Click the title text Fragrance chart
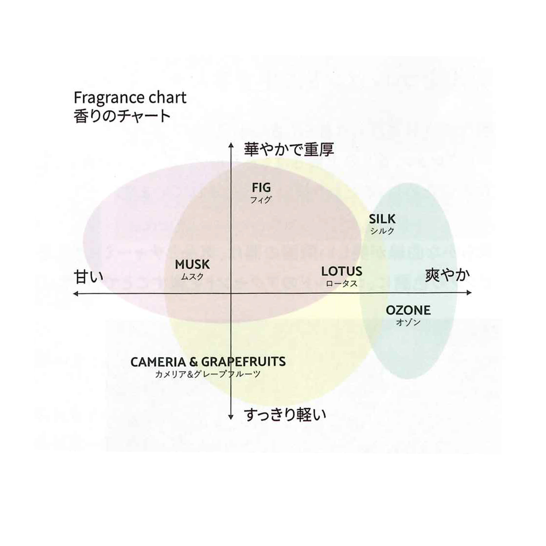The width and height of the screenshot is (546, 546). pyautogui.click(x=130, y=97)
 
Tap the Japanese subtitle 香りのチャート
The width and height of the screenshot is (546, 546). pyautogui.click(x=122, y=116)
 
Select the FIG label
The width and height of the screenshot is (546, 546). pyautogui.click(x=261, y=187)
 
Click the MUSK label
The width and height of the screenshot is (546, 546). pyautogui.click(x=192, y=265)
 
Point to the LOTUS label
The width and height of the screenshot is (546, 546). pyautogui.click(x=342, y=272)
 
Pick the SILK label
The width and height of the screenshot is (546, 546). pyautogui.click(x=382, y=219)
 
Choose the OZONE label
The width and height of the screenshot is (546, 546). pyautogui.click(x=408, y=310)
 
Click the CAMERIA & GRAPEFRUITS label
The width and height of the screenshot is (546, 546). pyautogui.click(x=208, y=362)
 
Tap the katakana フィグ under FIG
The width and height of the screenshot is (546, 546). pyautogui.click(x=261, y=200)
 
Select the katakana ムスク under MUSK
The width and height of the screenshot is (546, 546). pyautogui.click(x=192, y=277)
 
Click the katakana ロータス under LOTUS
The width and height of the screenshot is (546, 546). pyautogui.click(x=342, y=283)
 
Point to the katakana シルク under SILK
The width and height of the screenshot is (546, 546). pyautogui.click(x=382, y=231)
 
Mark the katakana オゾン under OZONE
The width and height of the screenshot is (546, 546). pyautogui.click(x=408, y=323)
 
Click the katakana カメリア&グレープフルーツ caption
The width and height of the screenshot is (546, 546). pyautogui.click(x=207, y=374)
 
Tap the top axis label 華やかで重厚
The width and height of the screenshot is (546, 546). pyautogui.click(x=289, y=149)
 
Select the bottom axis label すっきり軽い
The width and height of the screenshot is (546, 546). pyautogui.click(x=285, y=415)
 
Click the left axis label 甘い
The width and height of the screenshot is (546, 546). pyautogui.click(x=89, y=277)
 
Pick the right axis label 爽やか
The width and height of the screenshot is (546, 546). pyautogui.click(x=447, y=275)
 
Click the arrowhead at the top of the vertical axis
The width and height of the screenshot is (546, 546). pyautogui.click(x=231, y=145)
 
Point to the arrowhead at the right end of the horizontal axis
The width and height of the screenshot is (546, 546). pyautogui.click(x=469, y=293)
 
